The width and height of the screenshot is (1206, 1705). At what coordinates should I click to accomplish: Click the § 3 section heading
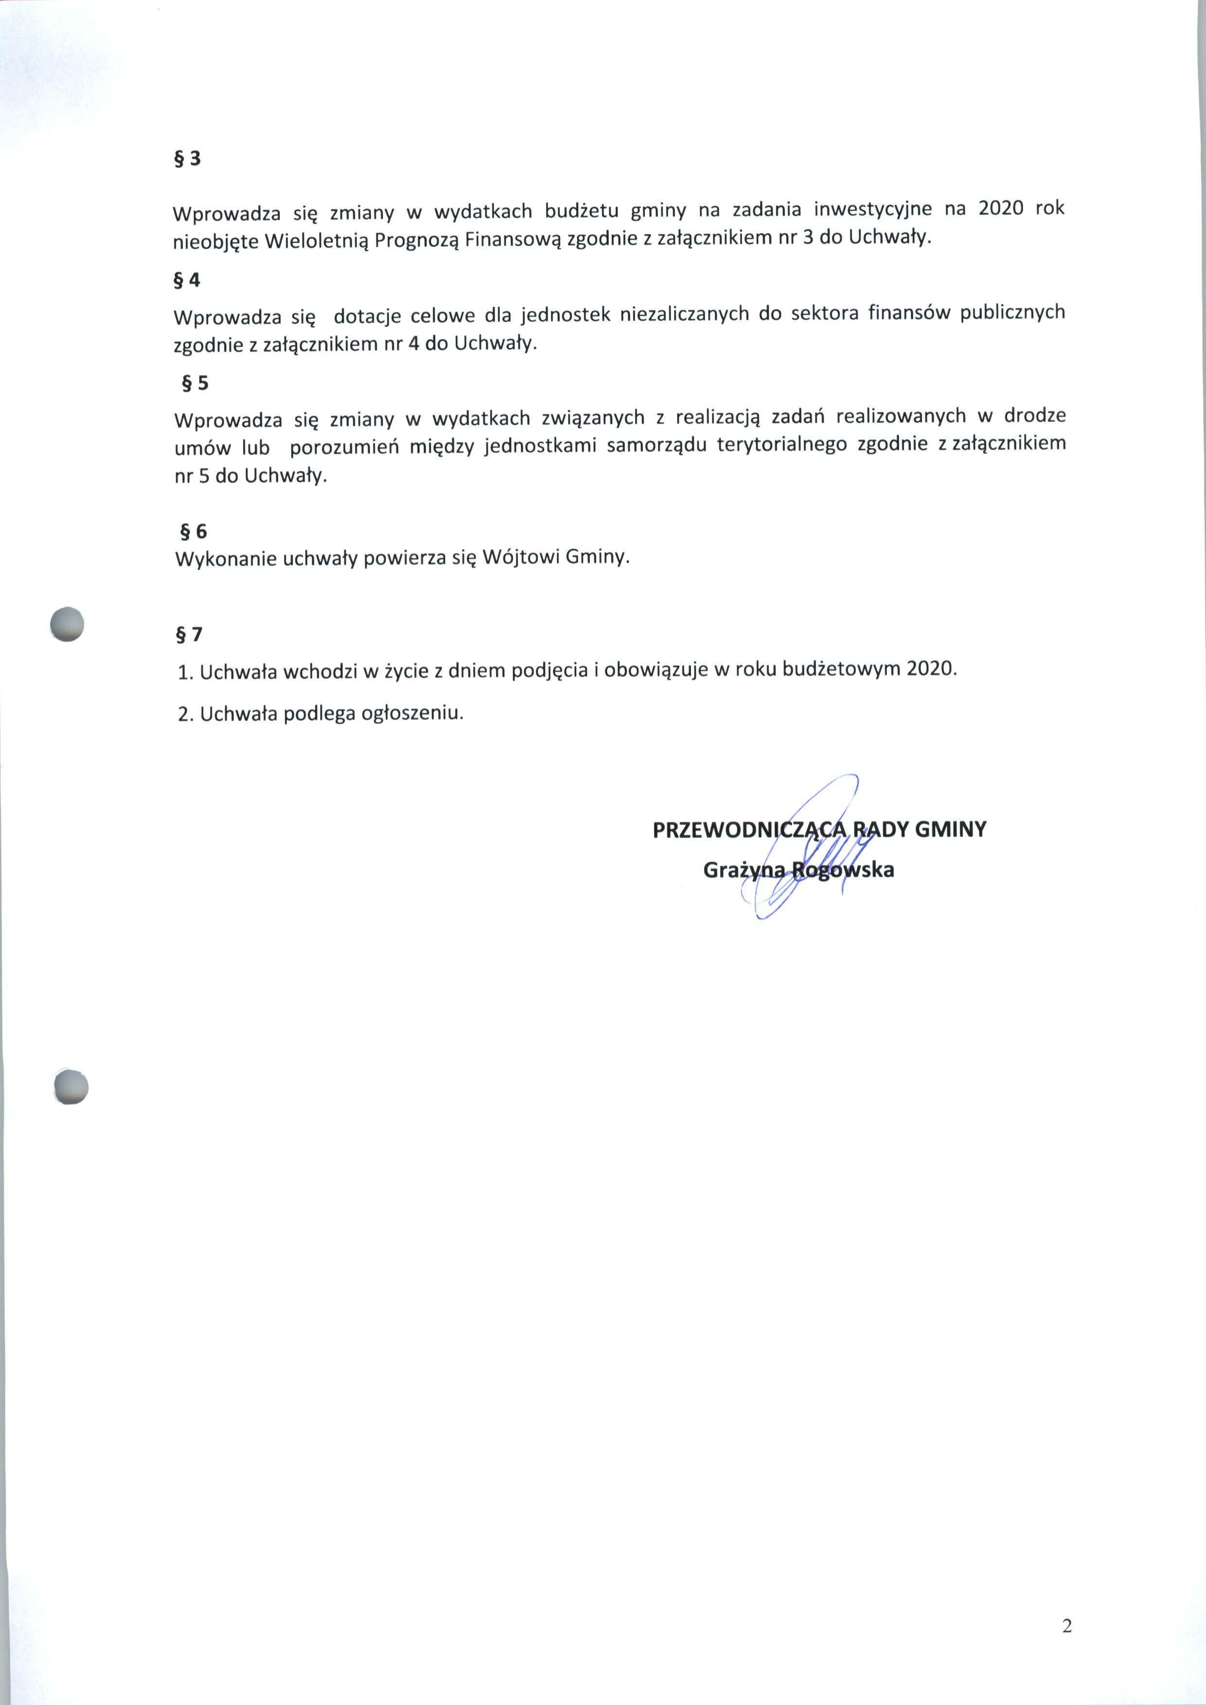coord(187,160)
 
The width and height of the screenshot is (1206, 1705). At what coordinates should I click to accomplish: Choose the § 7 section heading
coord(189,635)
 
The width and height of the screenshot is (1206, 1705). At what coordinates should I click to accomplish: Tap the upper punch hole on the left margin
coord(67,623)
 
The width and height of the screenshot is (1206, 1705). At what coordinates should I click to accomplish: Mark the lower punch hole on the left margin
coord(71,1088)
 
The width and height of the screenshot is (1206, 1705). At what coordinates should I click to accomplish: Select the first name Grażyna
coord(743,870)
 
